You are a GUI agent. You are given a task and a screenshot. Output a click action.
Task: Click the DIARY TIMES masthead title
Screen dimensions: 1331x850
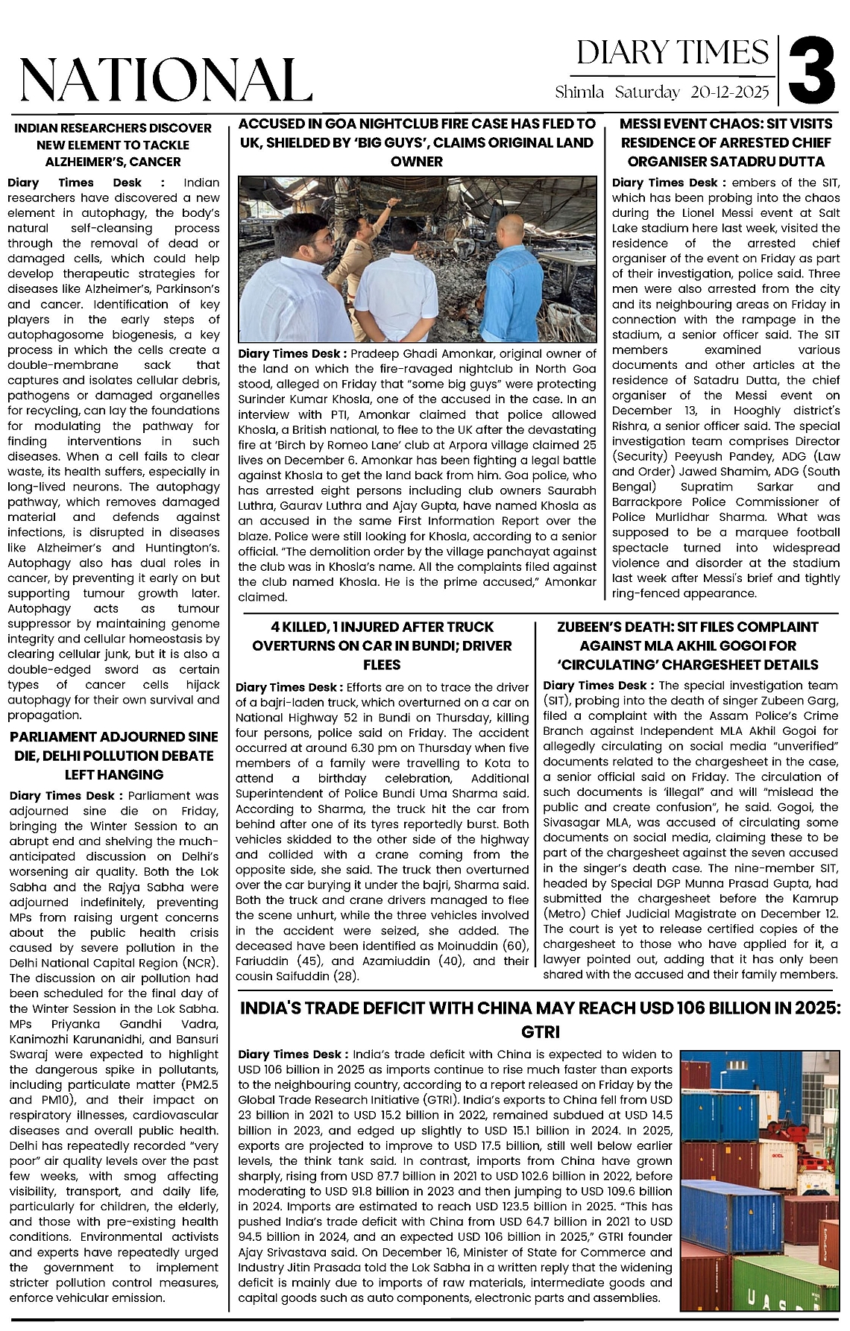pyautogui.click(x=672, y=53)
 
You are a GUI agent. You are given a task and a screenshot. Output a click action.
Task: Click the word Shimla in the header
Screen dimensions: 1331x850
pyautogui.click(x=579, y=93)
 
